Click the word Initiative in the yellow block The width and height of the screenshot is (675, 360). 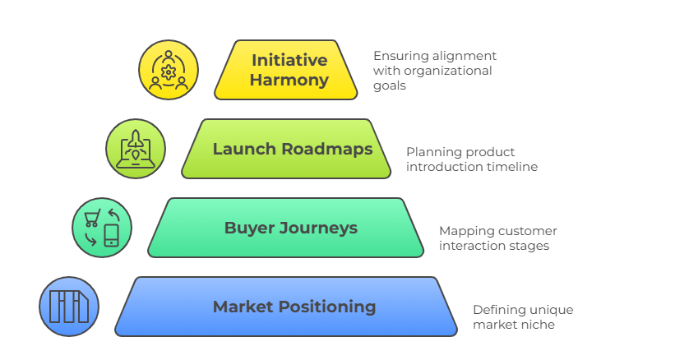pos(289,60)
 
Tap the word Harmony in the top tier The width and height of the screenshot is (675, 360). pos(289,81)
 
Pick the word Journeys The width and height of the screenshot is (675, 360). pos(317,228)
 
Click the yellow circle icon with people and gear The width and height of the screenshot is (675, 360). pos(169,70)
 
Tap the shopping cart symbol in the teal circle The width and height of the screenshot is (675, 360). pos(91,217)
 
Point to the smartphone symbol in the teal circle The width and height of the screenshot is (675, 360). pos(111,236)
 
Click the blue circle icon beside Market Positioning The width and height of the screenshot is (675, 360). pos(69,307)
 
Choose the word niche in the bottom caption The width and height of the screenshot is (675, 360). pos(539,325)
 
